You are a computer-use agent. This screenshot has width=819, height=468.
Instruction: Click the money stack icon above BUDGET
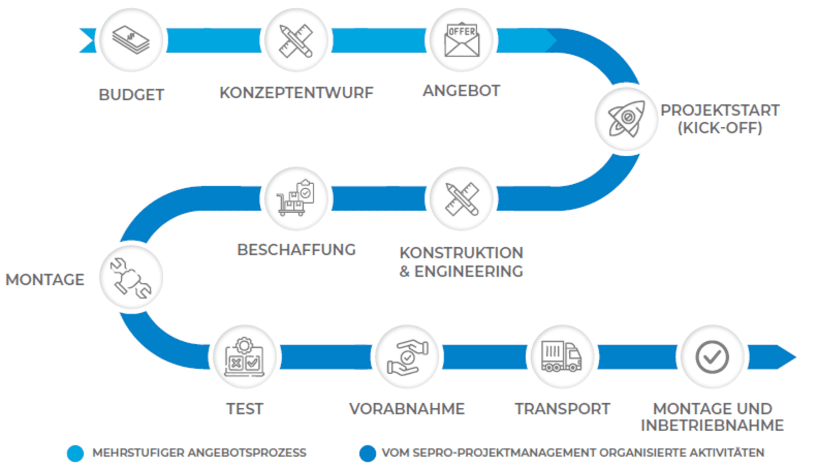(131, 40)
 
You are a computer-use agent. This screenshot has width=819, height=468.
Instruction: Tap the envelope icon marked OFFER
(461, 40)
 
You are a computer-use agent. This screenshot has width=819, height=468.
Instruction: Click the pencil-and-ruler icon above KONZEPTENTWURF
(296, 40)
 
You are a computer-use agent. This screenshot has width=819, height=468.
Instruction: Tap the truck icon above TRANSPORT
(562, 357)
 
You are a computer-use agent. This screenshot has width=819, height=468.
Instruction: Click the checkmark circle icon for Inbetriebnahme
(712, 357)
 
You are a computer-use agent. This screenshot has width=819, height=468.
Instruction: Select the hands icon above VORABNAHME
(407, 357)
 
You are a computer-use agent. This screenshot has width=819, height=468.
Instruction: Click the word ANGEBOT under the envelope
(461, 90)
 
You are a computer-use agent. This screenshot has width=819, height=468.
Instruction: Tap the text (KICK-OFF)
(719, 128)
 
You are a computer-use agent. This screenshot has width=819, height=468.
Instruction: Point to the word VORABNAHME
(407, 408)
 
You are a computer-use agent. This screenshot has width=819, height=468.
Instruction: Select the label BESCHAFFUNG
(296, 249)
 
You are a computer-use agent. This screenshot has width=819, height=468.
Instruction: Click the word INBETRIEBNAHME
(712, 426)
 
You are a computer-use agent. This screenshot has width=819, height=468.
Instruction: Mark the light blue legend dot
(75, 453)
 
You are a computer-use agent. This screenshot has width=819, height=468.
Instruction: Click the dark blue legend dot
(367, 453)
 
